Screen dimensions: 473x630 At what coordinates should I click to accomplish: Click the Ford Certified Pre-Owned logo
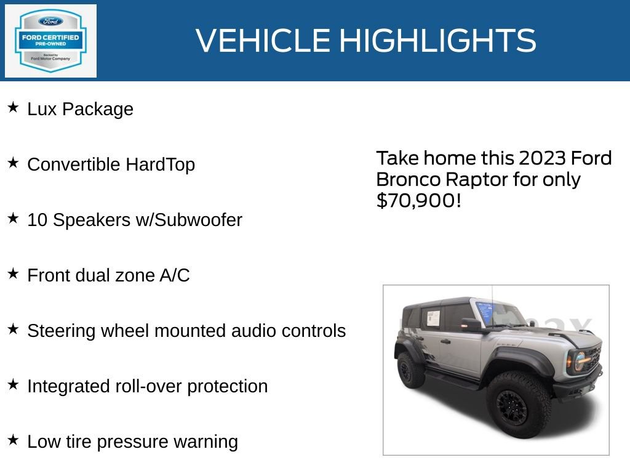click(x=50, y=41)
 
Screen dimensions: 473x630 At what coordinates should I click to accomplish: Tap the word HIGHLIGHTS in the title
click(x=437, y=41)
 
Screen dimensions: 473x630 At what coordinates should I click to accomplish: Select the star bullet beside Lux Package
click(x=13, y=108)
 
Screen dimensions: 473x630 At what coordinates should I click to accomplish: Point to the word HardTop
click(x=160, y=164)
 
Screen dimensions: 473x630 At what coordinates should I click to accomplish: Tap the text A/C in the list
click(x=175, y=275)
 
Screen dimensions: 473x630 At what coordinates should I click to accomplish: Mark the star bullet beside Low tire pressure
click(x=13, y=440)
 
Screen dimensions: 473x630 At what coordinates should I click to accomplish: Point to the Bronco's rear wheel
click(x=410, y=370)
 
